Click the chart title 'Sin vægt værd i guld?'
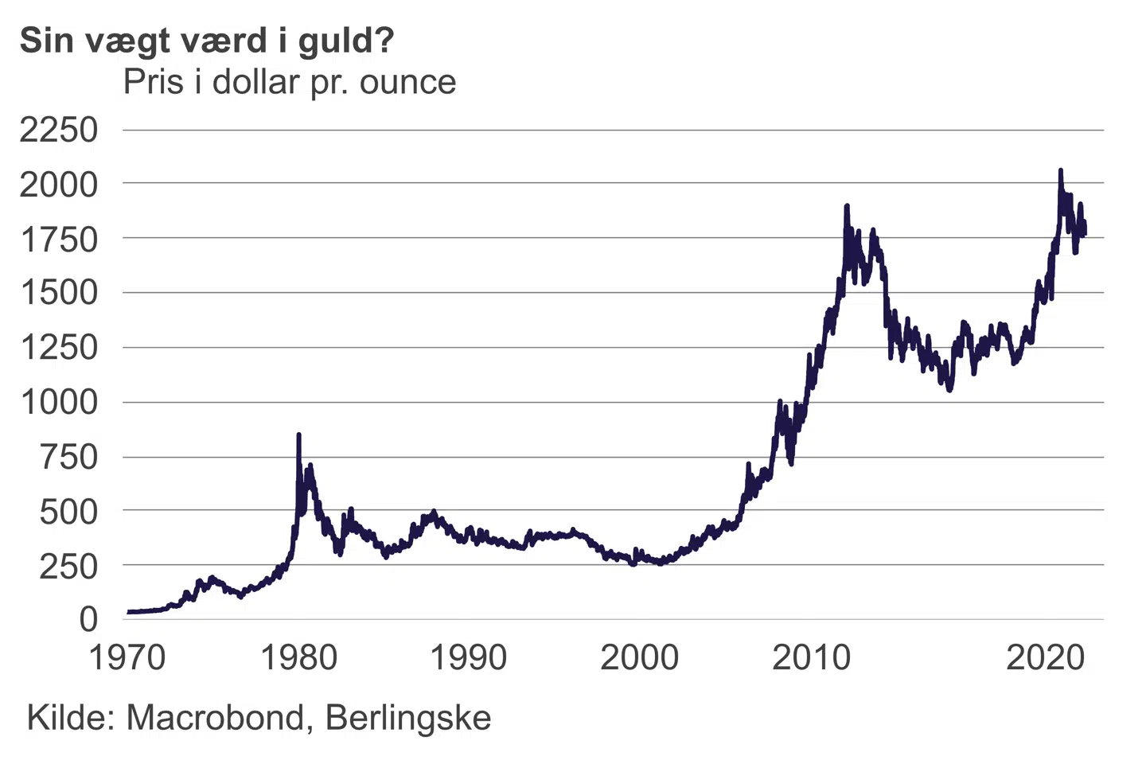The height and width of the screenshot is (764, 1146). [207, 40]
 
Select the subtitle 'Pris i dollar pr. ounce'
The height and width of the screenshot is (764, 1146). [290, 82]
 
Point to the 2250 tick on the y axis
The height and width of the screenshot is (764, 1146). [59, 130]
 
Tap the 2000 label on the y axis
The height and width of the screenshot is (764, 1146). [59, 185]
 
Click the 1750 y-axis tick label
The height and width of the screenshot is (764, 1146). [59, 239]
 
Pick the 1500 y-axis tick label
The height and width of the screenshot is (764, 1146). [59, 293]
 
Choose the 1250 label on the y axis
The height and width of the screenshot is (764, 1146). [59, 348]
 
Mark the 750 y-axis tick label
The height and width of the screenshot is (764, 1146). [68, 457]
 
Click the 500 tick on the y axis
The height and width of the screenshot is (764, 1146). [68, 511]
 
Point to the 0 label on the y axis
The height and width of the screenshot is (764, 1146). [88, 619]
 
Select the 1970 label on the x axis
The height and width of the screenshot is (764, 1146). [127, 658]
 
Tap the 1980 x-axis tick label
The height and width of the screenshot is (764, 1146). [299, 658]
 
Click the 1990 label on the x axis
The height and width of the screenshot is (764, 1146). [469, 658]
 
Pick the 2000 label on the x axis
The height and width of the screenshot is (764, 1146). [639, 658]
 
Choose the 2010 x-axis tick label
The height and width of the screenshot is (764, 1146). [811, 658]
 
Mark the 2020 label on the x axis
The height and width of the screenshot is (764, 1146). [1045, 658]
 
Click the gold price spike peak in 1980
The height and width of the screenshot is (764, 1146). [298, 435]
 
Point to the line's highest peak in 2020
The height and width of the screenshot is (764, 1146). [1060, 170]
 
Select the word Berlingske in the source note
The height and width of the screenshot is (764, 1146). [408, 718]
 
